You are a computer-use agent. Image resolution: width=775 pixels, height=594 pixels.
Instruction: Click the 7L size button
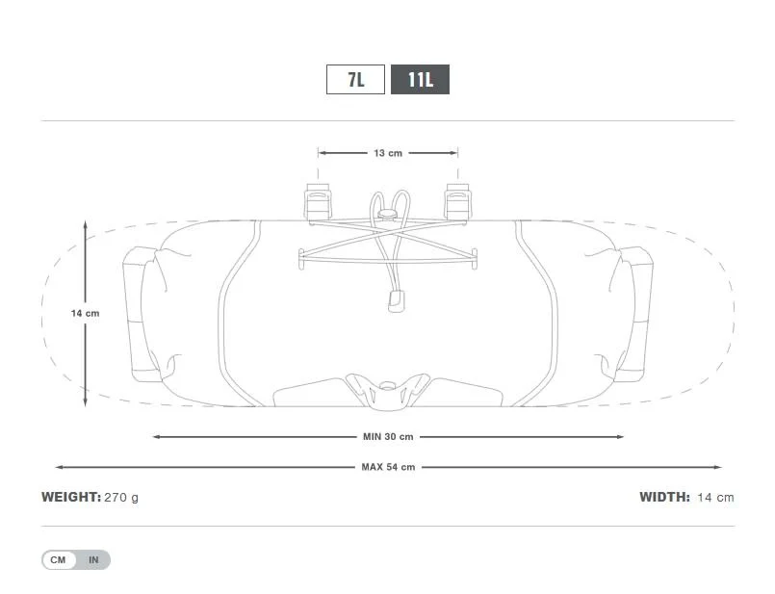[356, 79]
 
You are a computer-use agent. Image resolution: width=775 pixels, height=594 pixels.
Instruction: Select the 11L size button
[420, 79]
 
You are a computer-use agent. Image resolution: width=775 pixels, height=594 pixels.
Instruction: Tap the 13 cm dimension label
[388, 153]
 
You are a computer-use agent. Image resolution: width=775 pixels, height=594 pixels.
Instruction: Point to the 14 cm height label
[85, 313]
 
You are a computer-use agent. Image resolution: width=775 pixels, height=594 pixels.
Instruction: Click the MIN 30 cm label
[388, 436]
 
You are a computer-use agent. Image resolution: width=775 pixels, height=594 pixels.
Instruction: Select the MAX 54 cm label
[388, 467]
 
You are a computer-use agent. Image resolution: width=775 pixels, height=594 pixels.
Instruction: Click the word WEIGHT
[70, 498]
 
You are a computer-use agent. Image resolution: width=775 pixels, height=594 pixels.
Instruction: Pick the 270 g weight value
[121, 498]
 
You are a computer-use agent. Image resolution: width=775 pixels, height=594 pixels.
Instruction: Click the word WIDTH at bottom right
[664, 498]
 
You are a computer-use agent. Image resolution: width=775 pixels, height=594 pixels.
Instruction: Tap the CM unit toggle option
[58, 559]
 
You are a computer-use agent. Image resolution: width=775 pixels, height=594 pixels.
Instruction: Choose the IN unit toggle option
[93, 559]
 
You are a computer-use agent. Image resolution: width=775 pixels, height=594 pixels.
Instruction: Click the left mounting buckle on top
[318, 200]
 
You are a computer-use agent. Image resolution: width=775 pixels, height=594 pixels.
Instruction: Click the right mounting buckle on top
[457, 200]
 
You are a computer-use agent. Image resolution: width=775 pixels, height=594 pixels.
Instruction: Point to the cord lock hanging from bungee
[393, 301]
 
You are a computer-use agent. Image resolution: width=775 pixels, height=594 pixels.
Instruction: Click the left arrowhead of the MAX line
[58, 467]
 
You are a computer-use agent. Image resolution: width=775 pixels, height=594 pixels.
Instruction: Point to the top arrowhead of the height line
[85, 224]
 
